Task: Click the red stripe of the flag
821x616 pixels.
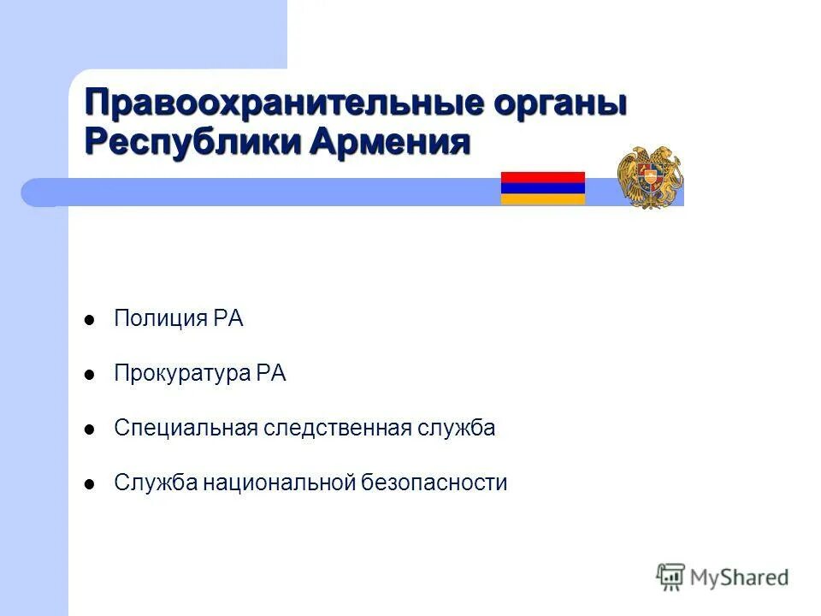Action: [x=542, y=177]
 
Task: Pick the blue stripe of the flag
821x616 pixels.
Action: [x=542, y=188]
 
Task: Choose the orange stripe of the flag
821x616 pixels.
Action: [x=542, y=199]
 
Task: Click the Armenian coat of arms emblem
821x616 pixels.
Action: [x=650, y=177]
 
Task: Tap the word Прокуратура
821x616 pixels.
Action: [x=183, y=375]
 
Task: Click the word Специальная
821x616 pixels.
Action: [x=186, y=429]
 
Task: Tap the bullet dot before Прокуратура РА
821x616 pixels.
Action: [x=89, y=376]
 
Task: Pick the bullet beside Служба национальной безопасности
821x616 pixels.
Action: [x=89, y=484]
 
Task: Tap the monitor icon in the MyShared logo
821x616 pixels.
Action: [x=671, y=577]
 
